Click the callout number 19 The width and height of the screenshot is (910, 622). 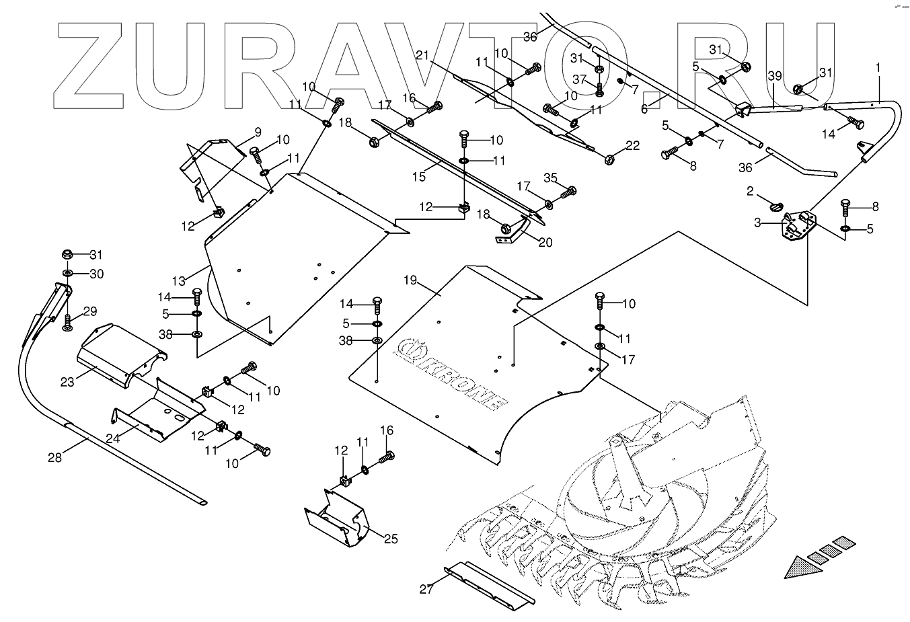410,279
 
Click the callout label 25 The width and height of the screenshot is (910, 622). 391,539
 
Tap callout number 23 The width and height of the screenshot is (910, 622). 67,381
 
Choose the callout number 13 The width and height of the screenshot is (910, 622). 178,280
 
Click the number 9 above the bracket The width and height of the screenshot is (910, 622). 238,131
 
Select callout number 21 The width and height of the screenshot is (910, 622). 422,55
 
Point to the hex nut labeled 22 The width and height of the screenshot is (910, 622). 609,159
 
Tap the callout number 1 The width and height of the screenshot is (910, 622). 877,68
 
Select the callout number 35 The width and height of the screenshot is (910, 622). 551,178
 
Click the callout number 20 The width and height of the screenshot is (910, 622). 545,242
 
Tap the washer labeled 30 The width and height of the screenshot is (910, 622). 68,273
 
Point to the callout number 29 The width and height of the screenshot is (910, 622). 90,311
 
